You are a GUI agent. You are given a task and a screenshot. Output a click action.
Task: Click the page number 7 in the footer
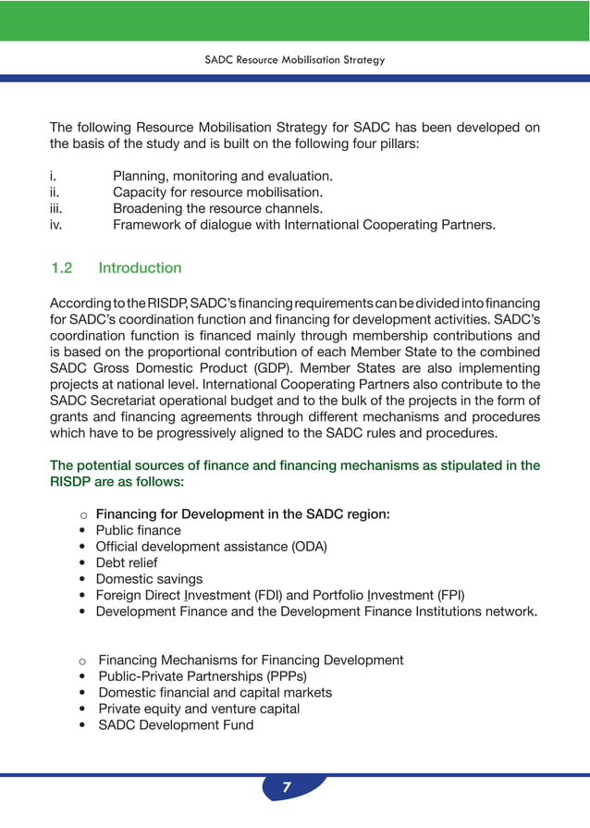287,788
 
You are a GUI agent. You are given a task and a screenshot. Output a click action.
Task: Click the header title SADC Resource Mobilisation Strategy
294,60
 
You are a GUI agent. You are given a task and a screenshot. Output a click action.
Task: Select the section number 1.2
61,268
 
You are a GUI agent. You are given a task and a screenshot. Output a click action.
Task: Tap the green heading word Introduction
140,268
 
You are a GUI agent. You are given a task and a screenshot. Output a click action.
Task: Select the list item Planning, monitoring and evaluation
222,176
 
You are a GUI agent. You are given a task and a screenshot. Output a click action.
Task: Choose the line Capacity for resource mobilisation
217,192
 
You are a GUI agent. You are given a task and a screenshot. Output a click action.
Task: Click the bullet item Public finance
139,530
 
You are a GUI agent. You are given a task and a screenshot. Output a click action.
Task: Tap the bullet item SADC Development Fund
176,724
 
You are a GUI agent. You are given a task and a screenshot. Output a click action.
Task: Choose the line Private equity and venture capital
199,709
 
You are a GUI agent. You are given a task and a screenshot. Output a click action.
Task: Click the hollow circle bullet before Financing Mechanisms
82,661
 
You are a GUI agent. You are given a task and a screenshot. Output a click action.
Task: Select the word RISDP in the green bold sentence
72,482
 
